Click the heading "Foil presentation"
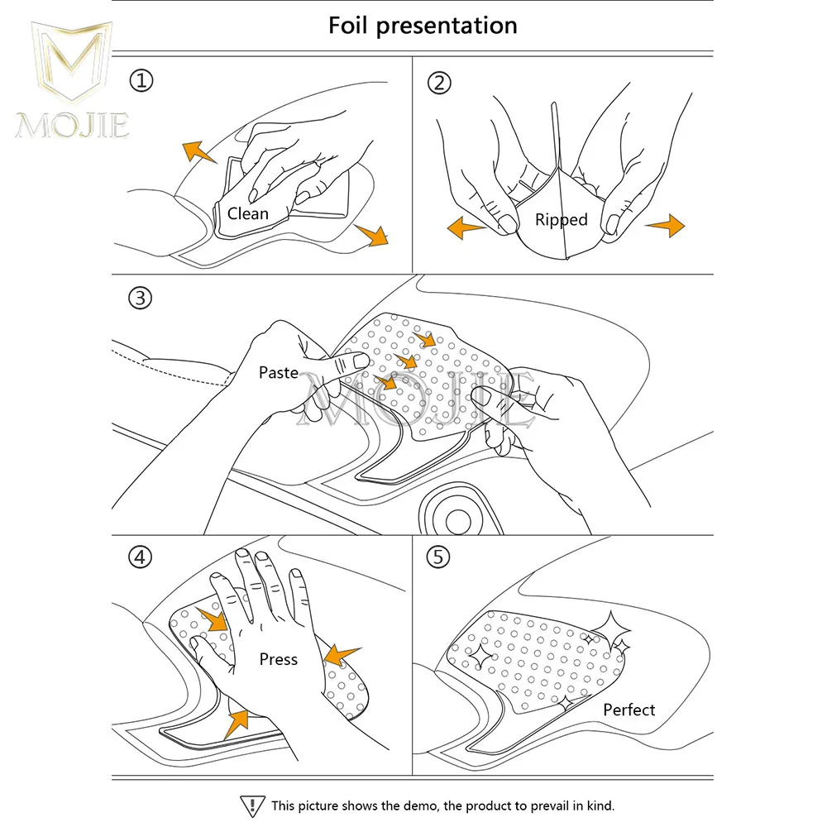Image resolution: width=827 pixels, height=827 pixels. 423,25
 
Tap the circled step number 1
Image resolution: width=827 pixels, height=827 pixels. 141,81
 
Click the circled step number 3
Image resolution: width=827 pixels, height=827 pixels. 141,299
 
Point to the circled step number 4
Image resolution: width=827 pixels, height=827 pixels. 141,557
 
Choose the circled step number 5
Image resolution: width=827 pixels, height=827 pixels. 439,557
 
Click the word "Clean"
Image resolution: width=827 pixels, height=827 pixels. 248,213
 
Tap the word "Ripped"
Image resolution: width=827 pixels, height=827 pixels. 561,220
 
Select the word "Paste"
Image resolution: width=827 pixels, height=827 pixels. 279,373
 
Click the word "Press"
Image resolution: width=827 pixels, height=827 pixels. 278,659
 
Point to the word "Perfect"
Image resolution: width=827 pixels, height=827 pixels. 629,710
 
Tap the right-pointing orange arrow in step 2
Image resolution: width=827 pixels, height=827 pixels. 665,224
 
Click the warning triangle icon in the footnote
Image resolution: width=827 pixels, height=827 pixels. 251,805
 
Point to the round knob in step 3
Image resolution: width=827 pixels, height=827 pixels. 457,519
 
